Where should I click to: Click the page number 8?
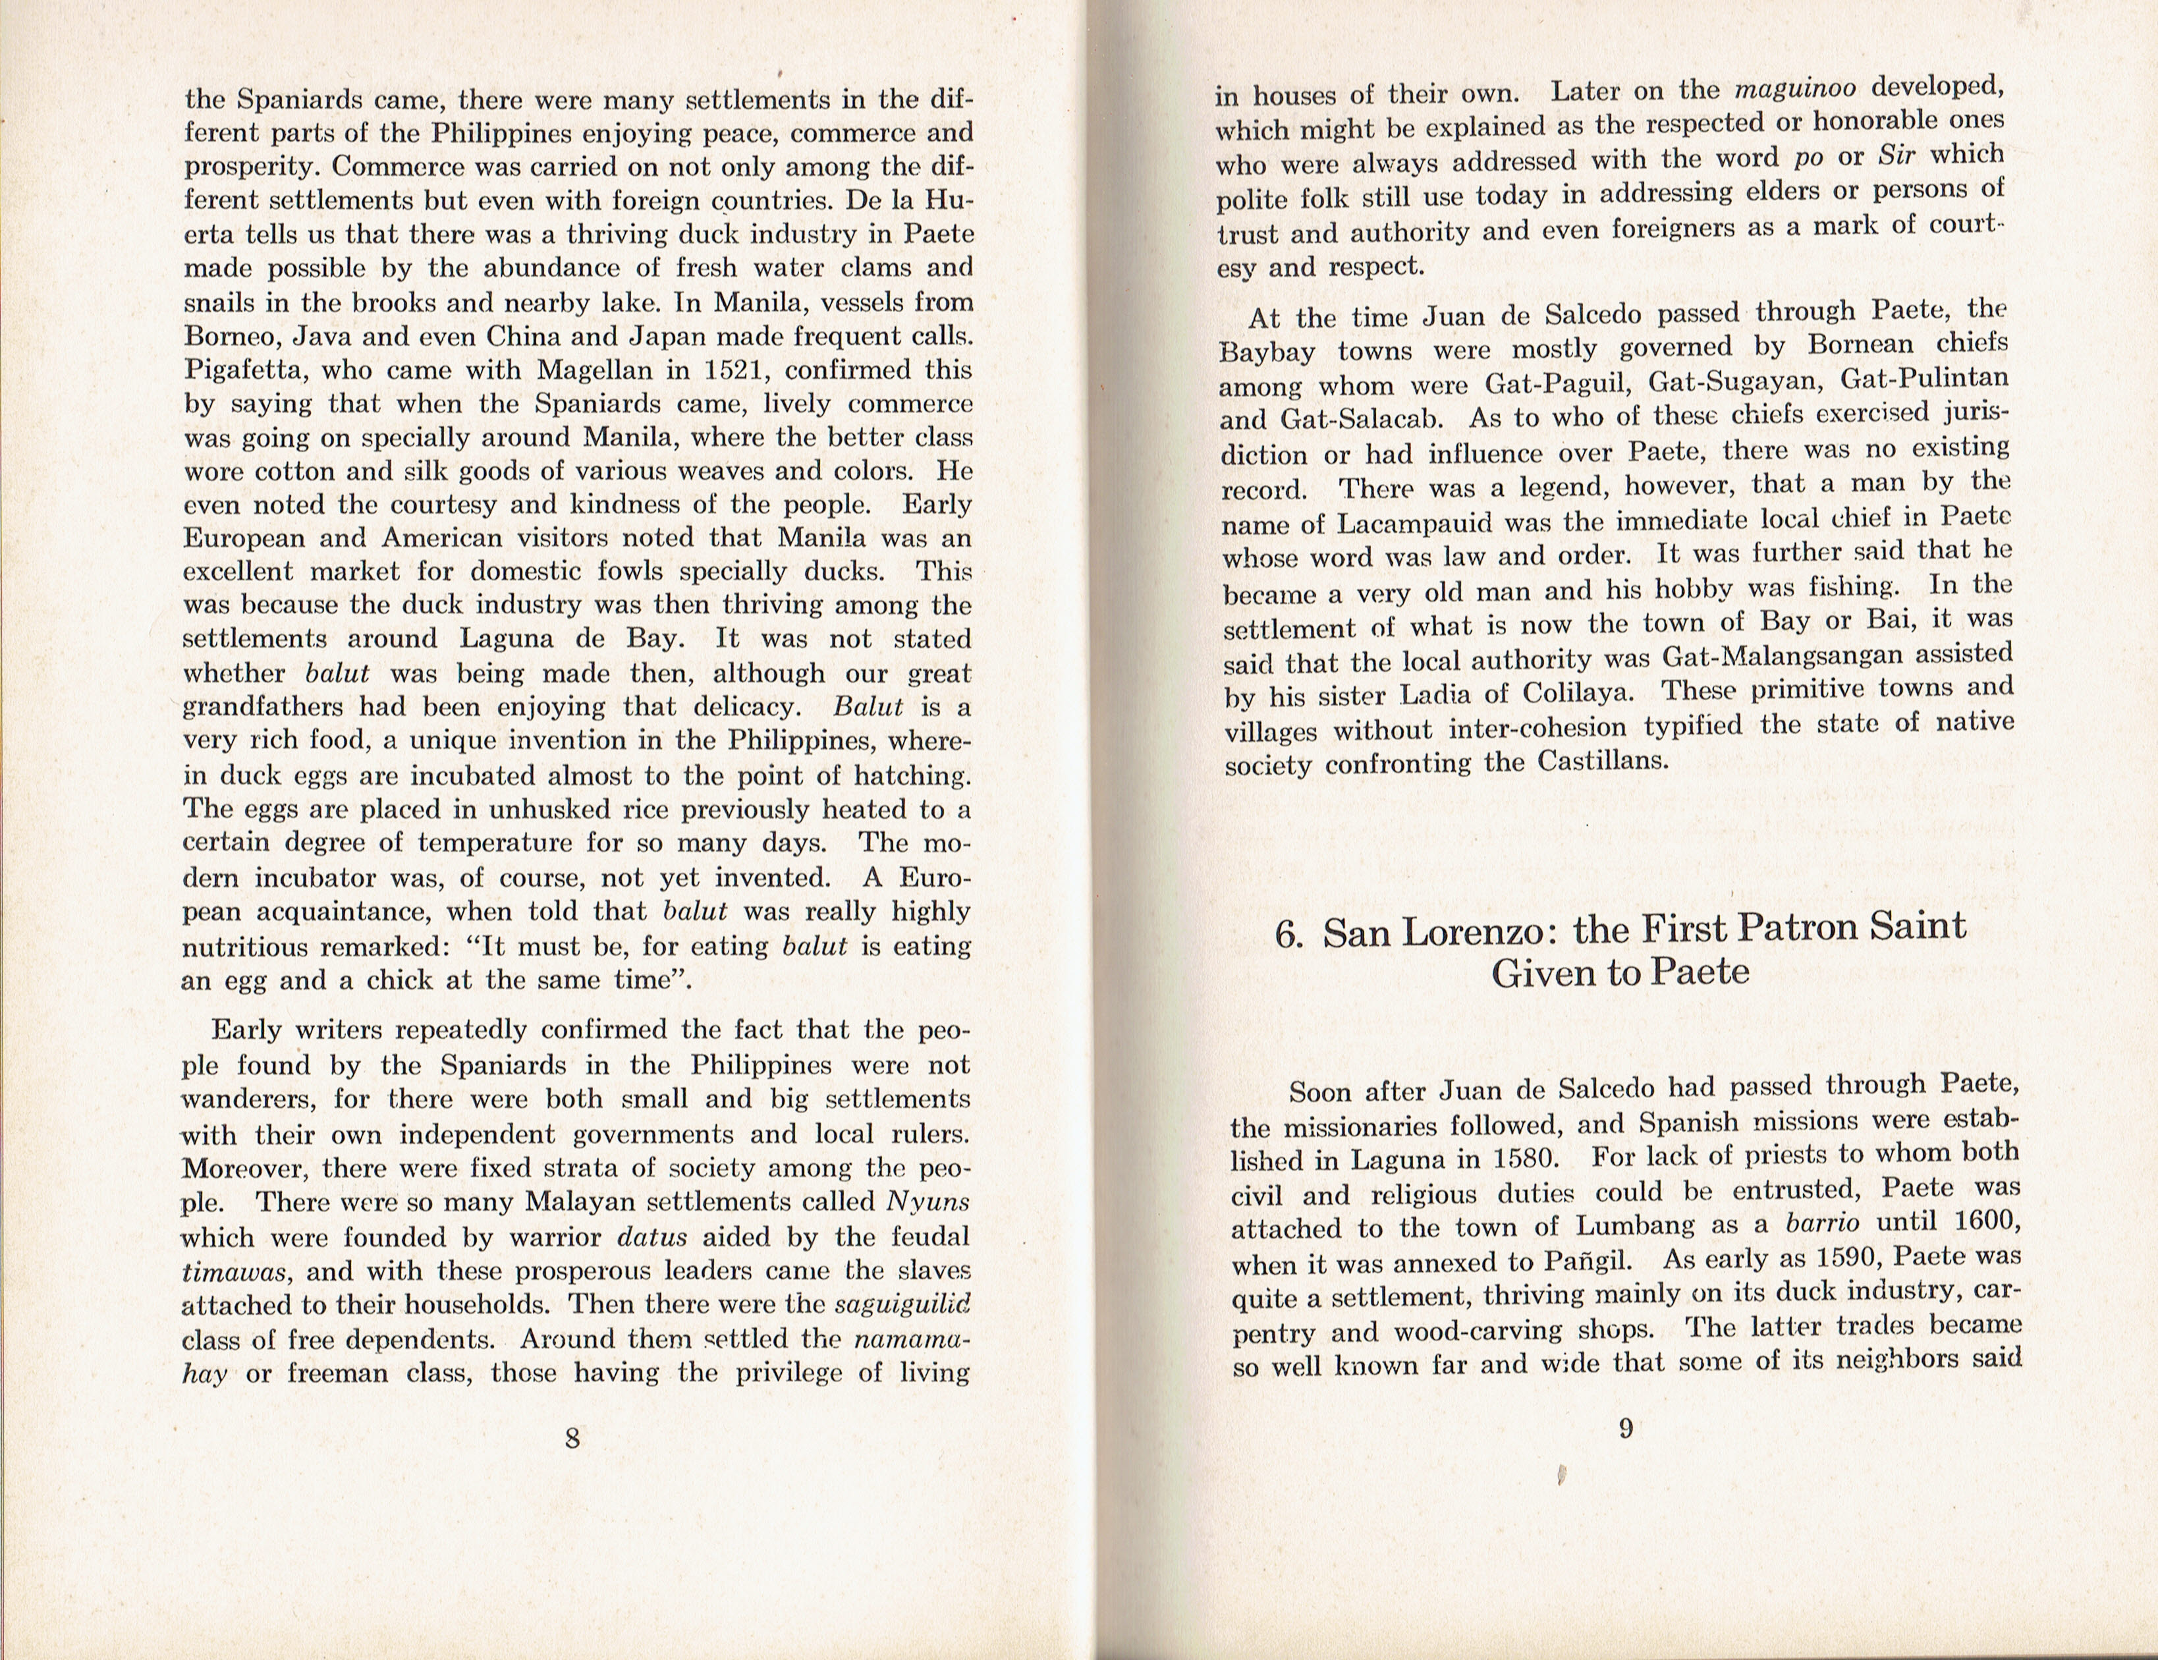pyautogui.click(x=572, y=1439)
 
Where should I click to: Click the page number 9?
pyautogui.click(x=1626, y=1428)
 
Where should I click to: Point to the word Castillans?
pyautogui.click(x=1602, y=761)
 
